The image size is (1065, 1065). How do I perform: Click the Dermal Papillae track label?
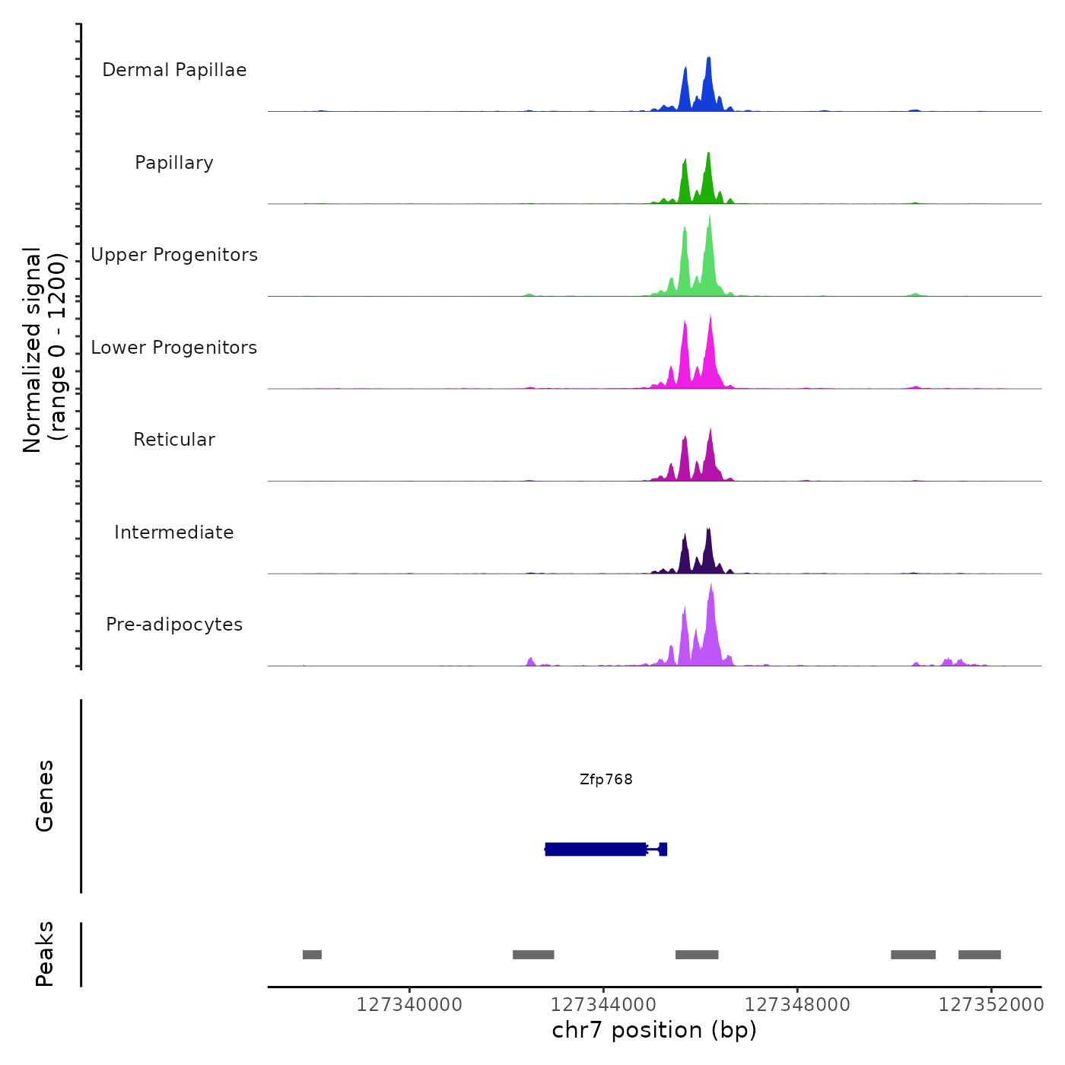pos(174,70)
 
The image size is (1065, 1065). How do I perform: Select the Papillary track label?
pos(174,163)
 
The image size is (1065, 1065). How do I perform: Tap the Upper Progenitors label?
pos(174,255)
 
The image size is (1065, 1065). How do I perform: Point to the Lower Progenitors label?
pos(174,348)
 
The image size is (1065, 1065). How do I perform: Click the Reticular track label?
pos(174,440)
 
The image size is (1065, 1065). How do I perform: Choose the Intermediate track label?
pos(174,532)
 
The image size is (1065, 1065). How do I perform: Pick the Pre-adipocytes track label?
pos(174,625)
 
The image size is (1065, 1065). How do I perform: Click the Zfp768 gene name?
pos(606,780)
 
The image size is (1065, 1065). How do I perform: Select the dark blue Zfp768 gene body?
pos(596,849)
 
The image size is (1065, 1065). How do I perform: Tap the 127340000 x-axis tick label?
pos(409,1005)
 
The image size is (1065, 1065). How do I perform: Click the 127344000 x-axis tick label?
pos(603,1005)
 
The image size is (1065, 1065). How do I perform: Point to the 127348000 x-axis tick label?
pos(797,1005)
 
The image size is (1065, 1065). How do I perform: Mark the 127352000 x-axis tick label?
pos(991,1005)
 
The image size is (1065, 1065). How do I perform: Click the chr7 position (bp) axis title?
pos(654,1031)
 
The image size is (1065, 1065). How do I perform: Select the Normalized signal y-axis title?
pos(45,350)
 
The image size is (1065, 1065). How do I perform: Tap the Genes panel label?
pos(45,796)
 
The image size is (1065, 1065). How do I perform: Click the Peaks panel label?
pos(45,954)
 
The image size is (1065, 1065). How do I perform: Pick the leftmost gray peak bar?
pos(312,955)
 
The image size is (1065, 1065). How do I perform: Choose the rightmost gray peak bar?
pos(979,955)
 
